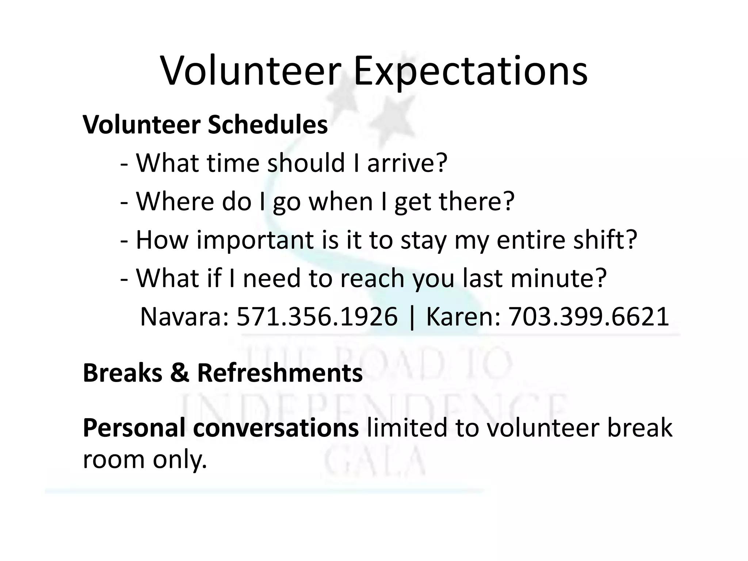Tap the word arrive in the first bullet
pos(407,163)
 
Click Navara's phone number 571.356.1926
pos(317,317)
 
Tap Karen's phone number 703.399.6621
pos(589,317)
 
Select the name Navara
pos(184,317)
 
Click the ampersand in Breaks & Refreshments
pos(180,373)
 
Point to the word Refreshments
pos(280,373)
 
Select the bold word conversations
pos(276,428)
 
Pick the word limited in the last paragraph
pos(407,428)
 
